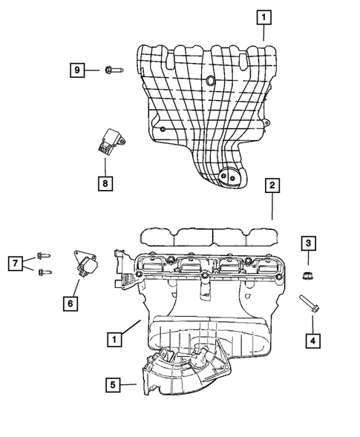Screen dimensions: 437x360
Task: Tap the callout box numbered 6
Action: [71, 303]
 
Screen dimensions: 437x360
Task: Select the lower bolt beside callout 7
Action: [44, 272]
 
